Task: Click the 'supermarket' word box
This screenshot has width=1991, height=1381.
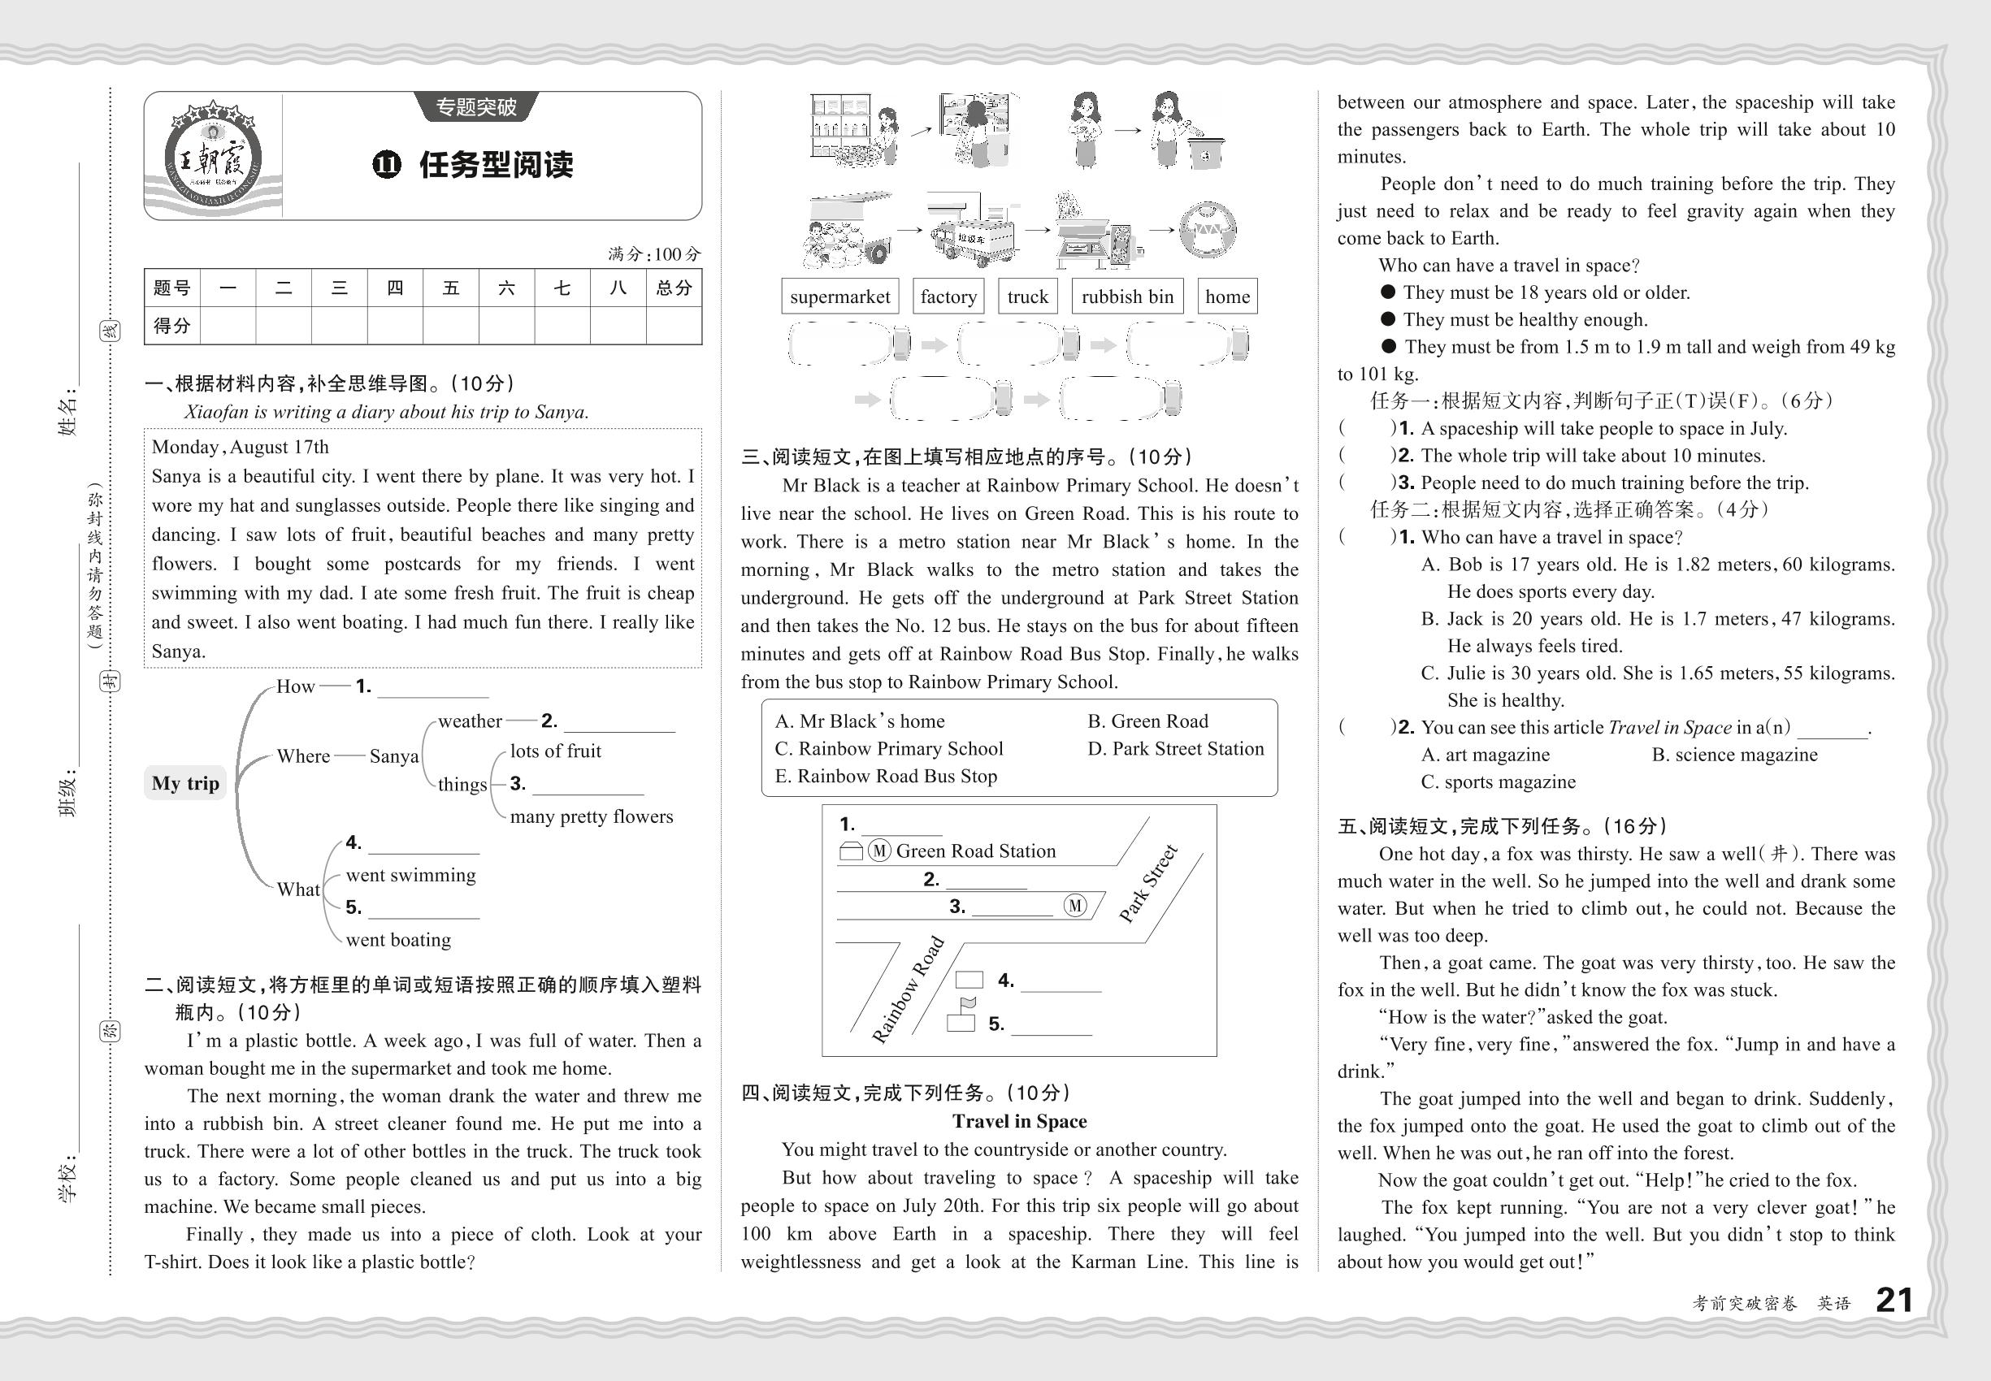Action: (839, 297)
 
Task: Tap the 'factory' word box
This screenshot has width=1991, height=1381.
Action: (948, 297)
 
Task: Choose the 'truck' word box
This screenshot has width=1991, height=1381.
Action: (1027, 297)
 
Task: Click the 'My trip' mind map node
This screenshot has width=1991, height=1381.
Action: (185, 783)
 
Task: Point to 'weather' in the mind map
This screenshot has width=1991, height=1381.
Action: (469, 721)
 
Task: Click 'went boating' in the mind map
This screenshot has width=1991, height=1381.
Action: (398, 940)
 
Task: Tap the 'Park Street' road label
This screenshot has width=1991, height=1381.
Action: (1147, 884)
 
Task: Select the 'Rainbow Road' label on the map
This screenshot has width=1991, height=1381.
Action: (907, 989)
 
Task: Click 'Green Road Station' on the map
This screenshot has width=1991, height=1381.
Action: (975, 851)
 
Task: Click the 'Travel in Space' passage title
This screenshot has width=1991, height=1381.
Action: (1019, 1121)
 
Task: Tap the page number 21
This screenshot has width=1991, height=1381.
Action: (1894, 1301)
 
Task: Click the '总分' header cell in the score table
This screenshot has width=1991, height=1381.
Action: (674, 288)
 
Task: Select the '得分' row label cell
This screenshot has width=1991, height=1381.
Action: (171, 327)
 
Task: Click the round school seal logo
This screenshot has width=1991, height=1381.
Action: (212, 157)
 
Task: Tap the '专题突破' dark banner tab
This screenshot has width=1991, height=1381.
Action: (476, 107)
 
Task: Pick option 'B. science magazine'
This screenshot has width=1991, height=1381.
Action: (1734, 755)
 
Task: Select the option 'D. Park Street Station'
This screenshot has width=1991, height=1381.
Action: (1175, 748)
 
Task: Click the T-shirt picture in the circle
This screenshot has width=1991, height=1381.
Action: (1208, 229)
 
